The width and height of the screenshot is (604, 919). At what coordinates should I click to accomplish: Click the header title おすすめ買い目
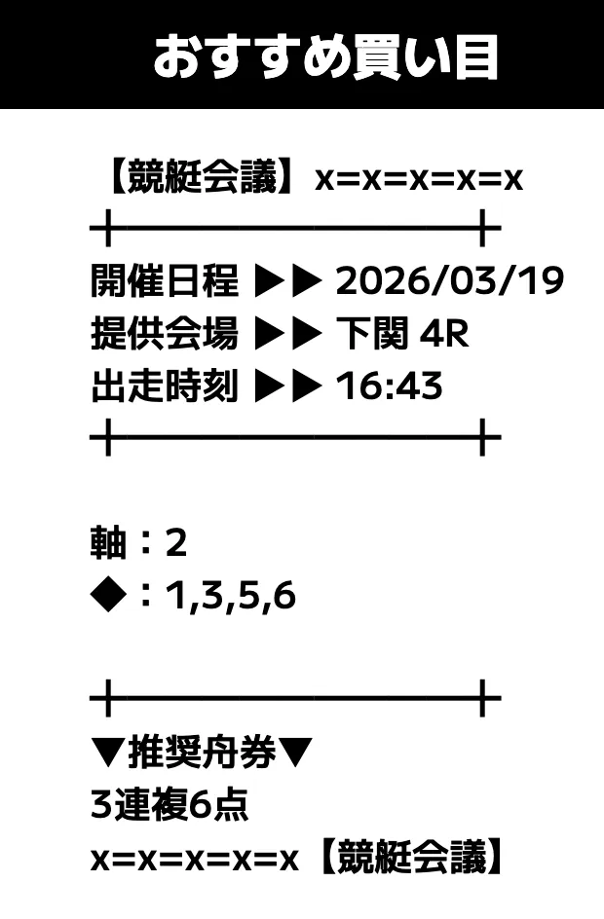(x=325, y=56)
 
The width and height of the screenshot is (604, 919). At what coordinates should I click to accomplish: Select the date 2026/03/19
(x=450, y=281)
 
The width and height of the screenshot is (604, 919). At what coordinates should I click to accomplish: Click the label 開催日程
(x=164, y=281)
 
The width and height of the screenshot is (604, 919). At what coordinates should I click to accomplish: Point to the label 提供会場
(x=164, y=334)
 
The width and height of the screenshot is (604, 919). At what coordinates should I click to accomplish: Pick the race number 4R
(x=444, y=334)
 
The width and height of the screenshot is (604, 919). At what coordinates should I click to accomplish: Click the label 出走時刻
(x=164, y=386)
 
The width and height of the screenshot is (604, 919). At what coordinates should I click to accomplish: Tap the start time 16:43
(x=389, y=386)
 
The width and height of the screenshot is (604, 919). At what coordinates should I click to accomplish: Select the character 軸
(x=108, y=543)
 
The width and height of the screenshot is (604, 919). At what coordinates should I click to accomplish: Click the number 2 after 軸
(x=175, y=543)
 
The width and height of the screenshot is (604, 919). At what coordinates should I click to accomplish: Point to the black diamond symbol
(x=108, y=596)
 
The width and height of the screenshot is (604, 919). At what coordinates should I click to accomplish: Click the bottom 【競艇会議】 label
(x=411, y=859)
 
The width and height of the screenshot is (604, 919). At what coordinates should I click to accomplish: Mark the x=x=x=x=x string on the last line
(x=193, y=860)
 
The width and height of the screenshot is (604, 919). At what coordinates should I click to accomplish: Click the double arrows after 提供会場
(x=287, y=334)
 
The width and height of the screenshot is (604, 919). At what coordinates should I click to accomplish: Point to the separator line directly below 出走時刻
(x=294, y=438)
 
